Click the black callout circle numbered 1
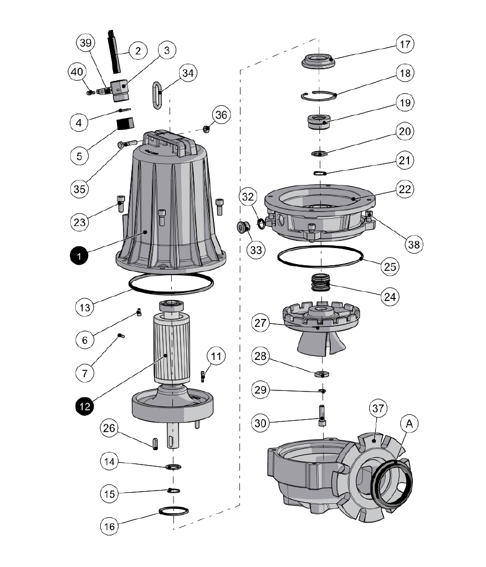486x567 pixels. pos(79,256)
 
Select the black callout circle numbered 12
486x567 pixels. pos(84,405)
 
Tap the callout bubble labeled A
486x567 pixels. pos(410,424)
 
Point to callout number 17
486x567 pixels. pos(406,43)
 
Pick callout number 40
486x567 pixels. pos(78,72)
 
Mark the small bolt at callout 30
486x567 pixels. pos(322,415)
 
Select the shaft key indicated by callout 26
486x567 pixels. pos(155,444)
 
